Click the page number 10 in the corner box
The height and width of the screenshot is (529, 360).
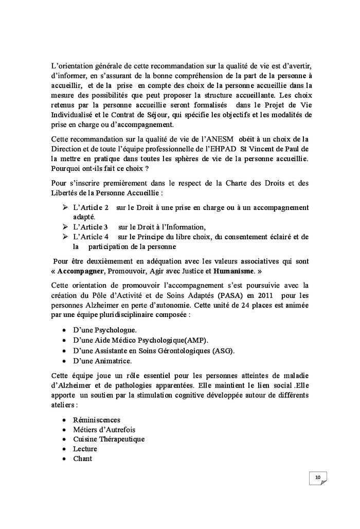pyautogui.click(x=318, y=478)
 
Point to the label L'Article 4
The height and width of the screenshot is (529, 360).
pyautogui.click(x=91, y=237)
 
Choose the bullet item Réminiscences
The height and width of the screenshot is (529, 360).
pyautogui.click(x=97, y=419)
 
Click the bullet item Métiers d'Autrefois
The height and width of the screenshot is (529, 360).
pyautogui.click(x=104, y=429)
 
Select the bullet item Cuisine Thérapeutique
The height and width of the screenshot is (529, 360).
pyautogui.click(x=109, y=439)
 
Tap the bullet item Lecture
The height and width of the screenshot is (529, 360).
pyautogui.click(x=85, y=449)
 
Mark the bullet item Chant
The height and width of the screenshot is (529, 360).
pyautogui.click(x=83, y=459)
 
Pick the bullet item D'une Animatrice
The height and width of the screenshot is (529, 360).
pyautogui.click(x=102, y=361)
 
